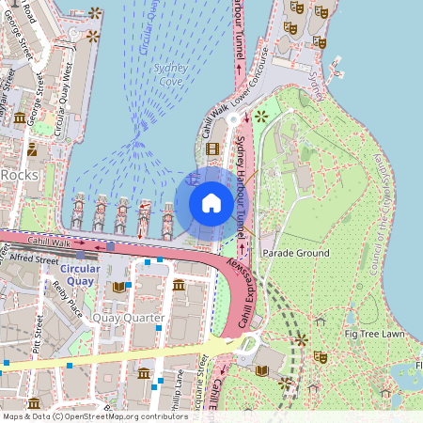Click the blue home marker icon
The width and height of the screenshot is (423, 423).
[211, 203]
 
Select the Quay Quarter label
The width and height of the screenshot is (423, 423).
[128, 318]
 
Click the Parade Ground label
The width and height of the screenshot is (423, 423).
[296, 254]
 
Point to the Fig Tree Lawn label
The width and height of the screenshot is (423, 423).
[374, 334]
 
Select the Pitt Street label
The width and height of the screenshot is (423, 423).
[39, 338]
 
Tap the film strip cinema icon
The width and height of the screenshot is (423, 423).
[212, 149]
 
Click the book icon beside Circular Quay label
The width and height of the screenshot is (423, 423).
[117, 287]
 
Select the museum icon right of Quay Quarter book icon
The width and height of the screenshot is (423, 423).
[179, 285]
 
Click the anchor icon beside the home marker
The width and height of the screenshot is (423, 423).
[194, 178]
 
